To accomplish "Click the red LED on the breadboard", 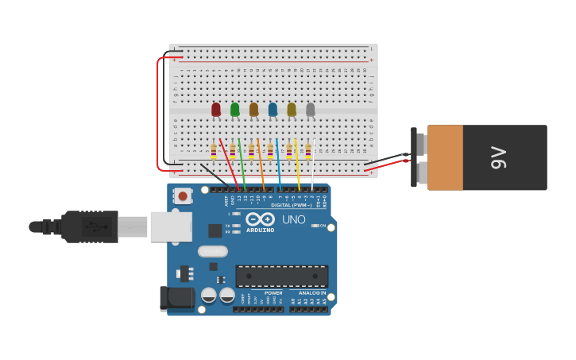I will click(216, 109).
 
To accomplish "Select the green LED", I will click(235, 109).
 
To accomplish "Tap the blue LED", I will click(273, 109).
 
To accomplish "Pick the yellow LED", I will click(292, 109).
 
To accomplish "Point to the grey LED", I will click(311, 109).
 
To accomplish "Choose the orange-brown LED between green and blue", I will click(254, 109).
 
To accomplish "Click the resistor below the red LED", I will click(214, 150).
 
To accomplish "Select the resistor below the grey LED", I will click(308, 150).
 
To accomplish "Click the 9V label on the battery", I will click(499, 157).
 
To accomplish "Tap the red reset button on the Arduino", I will click(183, 195).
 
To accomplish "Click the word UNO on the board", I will click(293, 219).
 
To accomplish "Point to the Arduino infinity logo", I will click(260, 219).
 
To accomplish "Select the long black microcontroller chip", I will click(282, 276).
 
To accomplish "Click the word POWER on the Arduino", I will click(273, 292).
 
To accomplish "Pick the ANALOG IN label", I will click(312, 292).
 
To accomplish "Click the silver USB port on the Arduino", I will click(171, 226).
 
